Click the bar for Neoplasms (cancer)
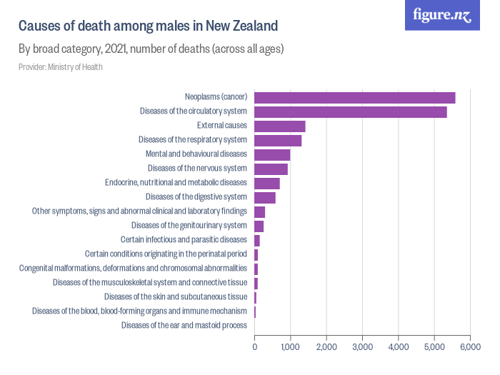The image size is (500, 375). (354, 97)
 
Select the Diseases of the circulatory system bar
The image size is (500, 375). (350, 111)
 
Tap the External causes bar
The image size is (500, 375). (279, 126)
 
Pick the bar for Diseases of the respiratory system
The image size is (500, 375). (278, 140)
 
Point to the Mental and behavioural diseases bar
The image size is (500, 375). (272, 154)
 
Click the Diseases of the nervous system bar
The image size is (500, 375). (271, 169)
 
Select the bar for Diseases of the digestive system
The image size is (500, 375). (264, 197)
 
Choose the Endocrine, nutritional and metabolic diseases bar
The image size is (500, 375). (266, 183)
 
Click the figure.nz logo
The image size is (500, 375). (442, 16)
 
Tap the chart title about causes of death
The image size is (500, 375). (148, 26)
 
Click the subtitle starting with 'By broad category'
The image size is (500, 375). (151, 49)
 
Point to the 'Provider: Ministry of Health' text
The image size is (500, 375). (60, 67)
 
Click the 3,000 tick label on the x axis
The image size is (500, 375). (362, 347)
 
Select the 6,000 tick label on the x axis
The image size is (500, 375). (470, 347)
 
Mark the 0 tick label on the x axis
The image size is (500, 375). (255, 347)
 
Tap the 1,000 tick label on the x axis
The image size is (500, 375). (290, 347)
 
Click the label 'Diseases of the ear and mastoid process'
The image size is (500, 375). (184, 326)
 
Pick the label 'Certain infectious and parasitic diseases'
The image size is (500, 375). (184, 240)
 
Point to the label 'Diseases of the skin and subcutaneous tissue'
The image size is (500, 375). (175, 297)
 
